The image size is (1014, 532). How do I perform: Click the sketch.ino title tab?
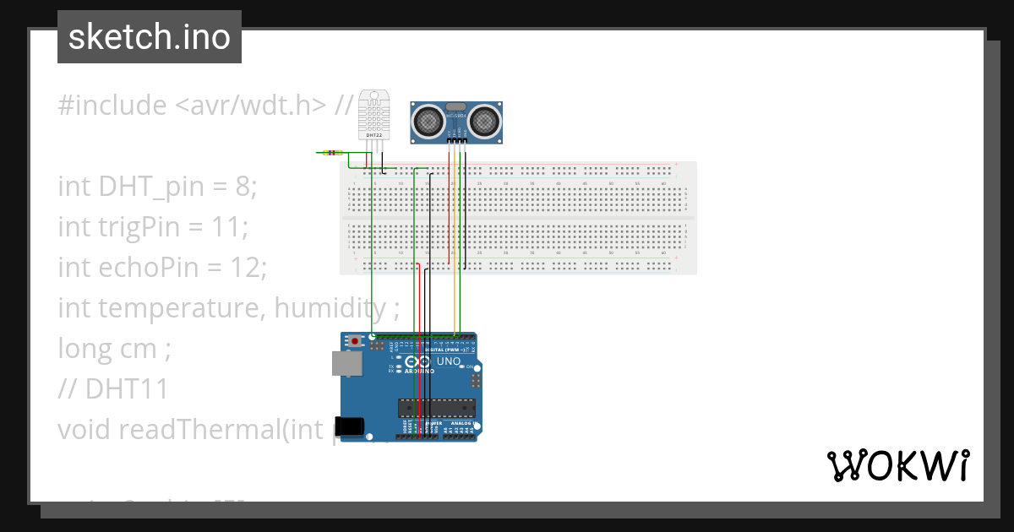[x=150, y=37]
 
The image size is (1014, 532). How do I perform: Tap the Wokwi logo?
[x=897, y=465]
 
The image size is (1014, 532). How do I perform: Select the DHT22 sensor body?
[x=373, y=114]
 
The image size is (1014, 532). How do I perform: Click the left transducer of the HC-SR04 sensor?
[x=429, y=121]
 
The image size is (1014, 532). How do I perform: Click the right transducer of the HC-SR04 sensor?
[x=485, y=121]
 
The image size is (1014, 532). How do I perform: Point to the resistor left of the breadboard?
[x=333, y=153]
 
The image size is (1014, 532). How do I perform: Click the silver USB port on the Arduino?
[x=346, y=363]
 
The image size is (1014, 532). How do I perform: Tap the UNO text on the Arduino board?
[x=448, y=361]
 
